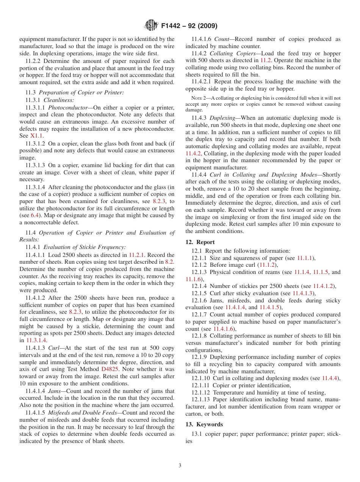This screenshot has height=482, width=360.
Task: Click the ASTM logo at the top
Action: (x=151, y=26)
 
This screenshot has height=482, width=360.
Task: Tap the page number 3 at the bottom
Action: (x=180, y=465)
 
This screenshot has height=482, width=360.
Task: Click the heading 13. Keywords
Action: (x=204, y=424)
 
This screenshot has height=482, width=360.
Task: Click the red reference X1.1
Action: (x=37, y=136)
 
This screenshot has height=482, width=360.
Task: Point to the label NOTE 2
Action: (x=199, y=98)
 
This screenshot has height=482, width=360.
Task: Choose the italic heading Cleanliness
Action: (x=59, y=100)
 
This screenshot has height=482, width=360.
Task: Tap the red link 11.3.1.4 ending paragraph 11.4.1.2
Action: (x=36, y=341)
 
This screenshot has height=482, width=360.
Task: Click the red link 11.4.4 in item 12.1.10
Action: (x=330, y=378)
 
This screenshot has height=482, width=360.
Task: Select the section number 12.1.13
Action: (x=201, y=399)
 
